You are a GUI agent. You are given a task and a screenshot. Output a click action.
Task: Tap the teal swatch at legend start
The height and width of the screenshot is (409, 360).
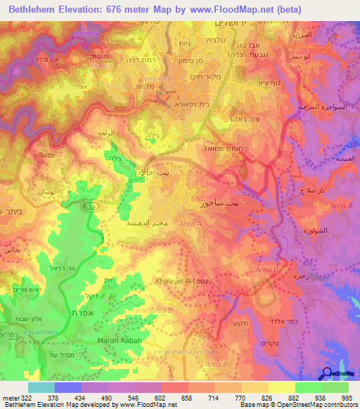(41, 387)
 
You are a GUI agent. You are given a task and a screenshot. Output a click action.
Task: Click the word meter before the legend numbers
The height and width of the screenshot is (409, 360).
(8, 398)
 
